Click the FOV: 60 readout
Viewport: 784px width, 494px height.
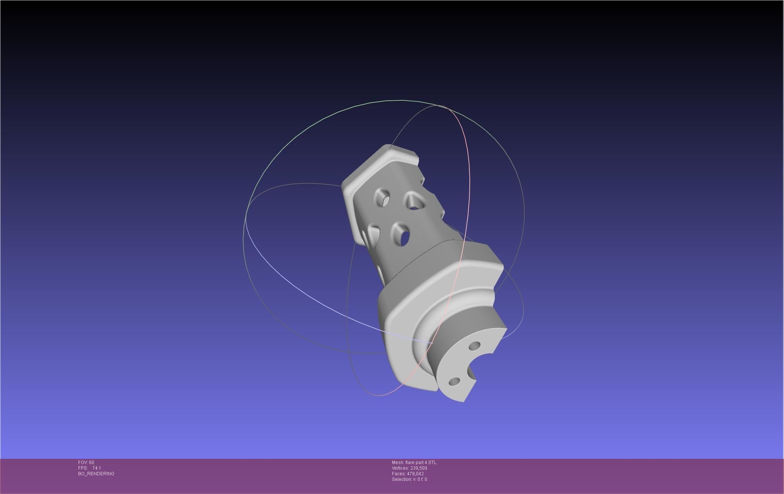coord(86,463)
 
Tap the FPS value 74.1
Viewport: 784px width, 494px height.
coord(97,468)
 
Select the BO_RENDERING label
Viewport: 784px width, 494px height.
coord(96,474)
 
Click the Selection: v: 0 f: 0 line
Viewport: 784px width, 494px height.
coord(409,479)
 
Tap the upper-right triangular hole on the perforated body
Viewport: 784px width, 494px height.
coord(413,202)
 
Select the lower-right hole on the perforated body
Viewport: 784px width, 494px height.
coord(402,236)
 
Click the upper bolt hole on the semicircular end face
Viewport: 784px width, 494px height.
coord(474,345)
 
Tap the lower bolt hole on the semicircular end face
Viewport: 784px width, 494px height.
coord(454,382)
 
